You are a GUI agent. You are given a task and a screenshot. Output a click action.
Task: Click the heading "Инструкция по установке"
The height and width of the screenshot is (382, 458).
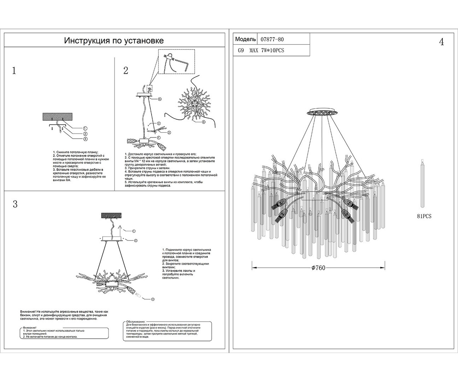(x=114, y=40)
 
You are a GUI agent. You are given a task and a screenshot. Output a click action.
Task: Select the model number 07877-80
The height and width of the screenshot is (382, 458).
(x=272, y=39)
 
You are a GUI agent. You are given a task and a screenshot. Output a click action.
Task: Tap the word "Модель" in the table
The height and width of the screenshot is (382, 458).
(x=245, y=39)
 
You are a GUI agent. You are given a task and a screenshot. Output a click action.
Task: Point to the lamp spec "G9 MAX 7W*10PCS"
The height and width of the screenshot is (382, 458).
(x=261, y=50)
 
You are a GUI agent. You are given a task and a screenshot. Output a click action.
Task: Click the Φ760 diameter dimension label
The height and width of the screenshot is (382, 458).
(x=318, y=268)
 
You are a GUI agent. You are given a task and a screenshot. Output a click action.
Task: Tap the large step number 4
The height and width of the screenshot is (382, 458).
(x=441, y=42)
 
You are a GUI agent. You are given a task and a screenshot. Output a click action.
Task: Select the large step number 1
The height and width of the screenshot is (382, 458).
(x=14, y=71)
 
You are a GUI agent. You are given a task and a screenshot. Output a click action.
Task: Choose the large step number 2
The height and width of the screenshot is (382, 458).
(x=126, y=71)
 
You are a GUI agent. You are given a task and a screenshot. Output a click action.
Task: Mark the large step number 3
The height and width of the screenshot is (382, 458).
(x=15, y=204)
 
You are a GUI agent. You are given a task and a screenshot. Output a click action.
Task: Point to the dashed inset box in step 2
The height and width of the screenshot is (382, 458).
(x=176, y=62)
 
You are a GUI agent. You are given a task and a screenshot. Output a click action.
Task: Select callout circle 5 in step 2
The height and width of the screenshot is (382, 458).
(x=159, y=99)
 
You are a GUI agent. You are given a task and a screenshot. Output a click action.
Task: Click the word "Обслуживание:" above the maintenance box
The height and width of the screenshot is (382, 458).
(x=136, y=321)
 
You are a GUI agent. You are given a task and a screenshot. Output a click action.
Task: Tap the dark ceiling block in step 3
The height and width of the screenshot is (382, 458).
(x=111, y=216)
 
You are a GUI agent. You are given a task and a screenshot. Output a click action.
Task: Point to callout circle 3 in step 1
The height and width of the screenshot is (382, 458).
(x=85, y=139)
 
